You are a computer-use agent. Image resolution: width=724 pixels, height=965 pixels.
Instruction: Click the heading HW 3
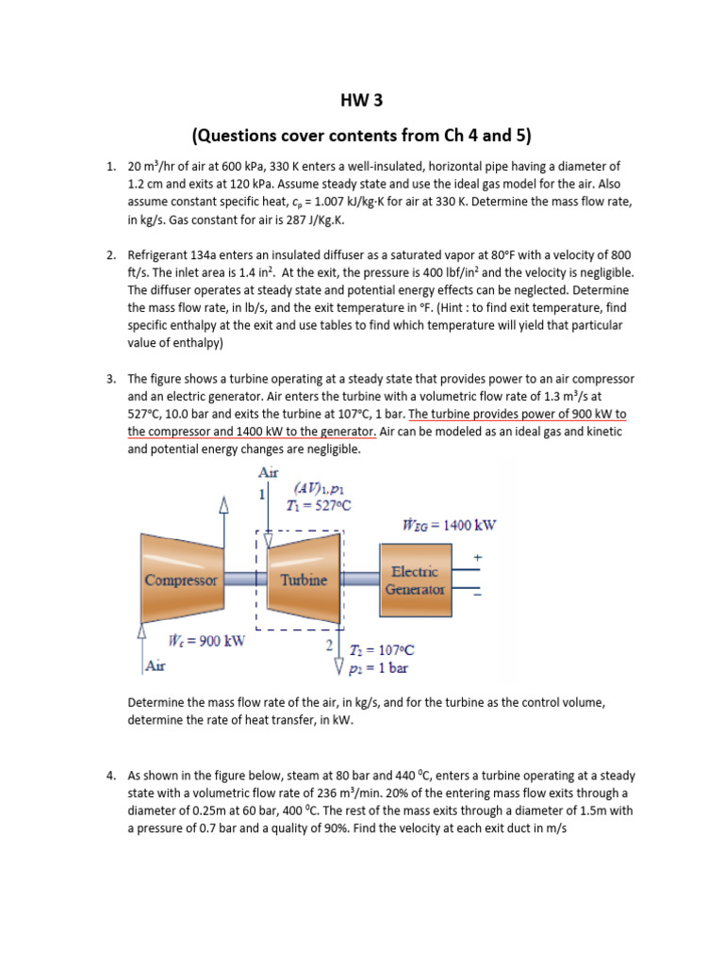tap(362, 100)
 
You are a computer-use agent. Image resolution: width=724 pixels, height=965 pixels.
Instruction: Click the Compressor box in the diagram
tap(181, 581)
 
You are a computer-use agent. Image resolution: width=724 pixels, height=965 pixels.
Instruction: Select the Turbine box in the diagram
tap(304, 581)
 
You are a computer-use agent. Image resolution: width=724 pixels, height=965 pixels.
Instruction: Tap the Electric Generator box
tap(415, 581)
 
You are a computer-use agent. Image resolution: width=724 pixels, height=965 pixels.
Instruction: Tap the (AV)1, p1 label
tap(321, 488)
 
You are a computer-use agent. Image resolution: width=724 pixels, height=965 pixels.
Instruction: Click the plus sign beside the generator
tap(477, 559)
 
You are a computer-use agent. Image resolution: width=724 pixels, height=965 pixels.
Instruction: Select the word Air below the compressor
tap(156, 664)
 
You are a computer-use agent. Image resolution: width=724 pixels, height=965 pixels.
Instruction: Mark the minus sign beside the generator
tap(477, 595)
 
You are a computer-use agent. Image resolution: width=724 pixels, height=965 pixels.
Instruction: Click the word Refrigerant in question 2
tap(161, 255)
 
